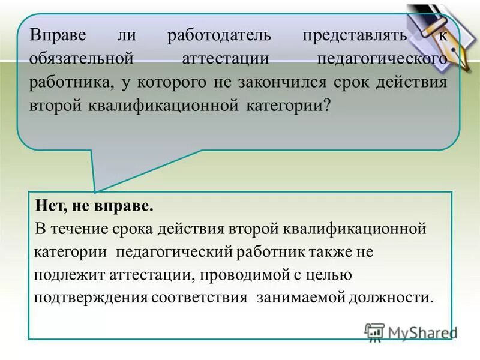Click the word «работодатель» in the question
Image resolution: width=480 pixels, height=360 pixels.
tap(219, 35)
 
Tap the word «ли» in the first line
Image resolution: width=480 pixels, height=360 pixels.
tap(127, 35)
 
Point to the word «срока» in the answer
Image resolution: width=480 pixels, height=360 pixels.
tap(134, 229)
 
